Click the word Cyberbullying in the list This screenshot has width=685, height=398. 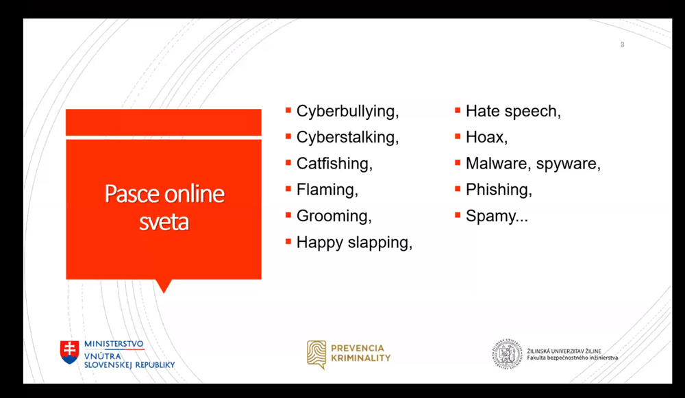coord(347,112)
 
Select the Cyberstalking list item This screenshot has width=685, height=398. coord(347,137)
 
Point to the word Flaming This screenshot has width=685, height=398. coord(327,190)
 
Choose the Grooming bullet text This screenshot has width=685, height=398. coord(334,216)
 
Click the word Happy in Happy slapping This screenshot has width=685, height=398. coord(319,242)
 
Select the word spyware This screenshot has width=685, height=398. coord(568,164)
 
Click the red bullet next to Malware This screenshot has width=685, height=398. coord(458,162)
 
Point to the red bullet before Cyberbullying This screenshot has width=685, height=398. coord(288,110)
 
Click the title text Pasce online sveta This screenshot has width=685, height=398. coord(164,207)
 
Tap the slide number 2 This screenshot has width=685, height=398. coord(623,44)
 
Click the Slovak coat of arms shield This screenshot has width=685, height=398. coord(69,352)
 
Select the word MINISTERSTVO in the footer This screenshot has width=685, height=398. coord(114,344)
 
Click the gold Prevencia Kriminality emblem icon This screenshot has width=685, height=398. coord(316,354)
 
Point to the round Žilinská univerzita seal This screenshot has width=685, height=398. coord(507,354)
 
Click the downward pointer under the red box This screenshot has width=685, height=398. coord(164,286)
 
